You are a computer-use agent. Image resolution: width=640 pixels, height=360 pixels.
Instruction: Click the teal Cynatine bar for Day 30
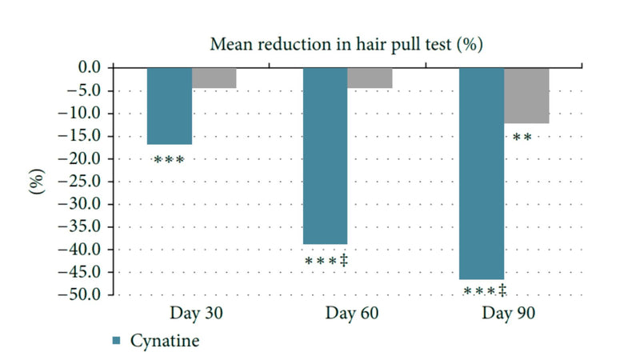[x=169, y=106]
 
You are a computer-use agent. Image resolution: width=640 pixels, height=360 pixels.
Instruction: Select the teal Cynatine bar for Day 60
[x=324, y=156]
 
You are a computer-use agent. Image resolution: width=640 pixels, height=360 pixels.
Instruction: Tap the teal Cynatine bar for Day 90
[x=481, y=173]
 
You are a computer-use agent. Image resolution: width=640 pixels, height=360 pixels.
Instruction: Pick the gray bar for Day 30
[x=214, y=78]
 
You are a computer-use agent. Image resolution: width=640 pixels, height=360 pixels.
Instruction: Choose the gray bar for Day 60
[x=369, y=78]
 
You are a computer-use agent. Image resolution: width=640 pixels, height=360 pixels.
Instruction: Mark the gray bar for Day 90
[x=526, y=95]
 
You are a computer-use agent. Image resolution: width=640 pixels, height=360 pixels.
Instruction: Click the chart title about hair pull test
[x=345, y=44]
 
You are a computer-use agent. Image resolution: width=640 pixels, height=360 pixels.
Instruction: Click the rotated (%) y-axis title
[x=35, y=181]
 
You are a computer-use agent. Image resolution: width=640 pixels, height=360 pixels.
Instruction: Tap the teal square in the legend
[x=116, y=341]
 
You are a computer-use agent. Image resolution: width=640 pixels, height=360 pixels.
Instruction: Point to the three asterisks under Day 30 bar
[x=169, y=159]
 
